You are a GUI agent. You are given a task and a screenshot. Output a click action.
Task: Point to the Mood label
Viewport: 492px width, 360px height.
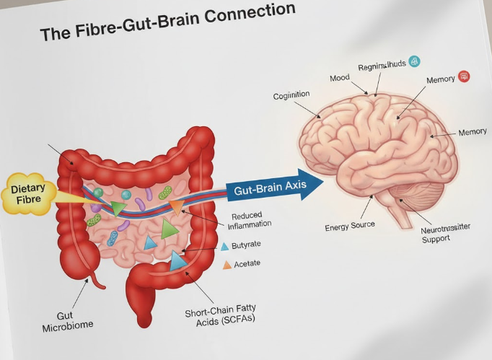pos(339,79)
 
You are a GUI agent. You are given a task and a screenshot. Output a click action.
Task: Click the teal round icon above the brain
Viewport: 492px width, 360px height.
pos(414,62)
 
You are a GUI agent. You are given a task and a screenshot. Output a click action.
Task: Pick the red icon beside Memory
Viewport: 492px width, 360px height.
pos(463,76)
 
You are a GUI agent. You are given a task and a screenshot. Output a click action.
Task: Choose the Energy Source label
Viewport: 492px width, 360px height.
pos(350,225)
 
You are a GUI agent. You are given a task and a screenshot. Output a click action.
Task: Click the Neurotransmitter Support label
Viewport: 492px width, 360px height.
pos(446,233)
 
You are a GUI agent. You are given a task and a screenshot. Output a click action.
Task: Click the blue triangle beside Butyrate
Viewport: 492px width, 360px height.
pos(224,246)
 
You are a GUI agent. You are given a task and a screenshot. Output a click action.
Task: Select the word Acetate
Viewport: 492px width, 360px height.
pos(247,265)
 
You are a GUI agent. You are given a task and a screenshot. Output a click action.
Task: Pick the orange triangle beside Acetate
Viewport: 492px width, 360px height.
pos(227,265)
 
